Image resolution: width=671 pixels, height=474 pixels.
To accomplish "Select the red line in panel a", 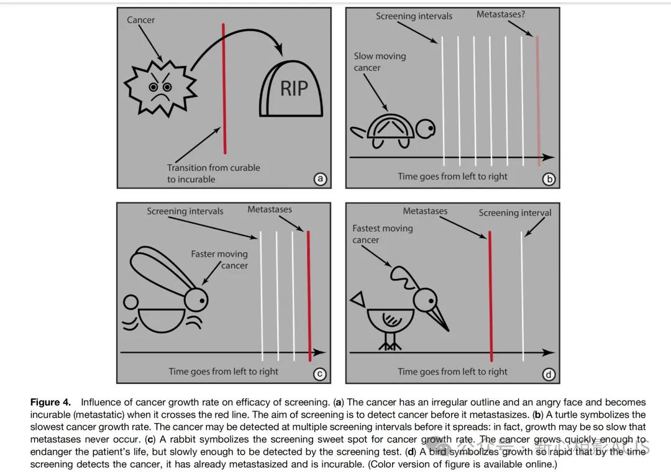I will coord(224,87).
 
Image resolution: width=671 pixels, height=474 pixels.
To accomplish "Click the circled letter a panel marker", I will coord(321,179).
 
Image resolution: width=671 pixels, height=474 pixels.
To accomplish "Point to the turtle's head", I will coord(426,130).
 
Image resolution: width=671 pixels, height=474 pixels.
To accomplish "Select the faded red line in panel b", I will coord(537,99).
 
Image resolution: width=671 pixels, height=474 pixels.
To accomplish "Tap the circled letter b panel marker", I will coord(549,179).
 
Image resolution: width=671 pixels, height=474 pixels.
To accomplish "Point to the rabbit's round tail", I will coord(131,303).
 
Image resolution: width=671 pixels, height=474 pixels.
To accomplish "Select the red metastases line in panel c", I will coord(309,295).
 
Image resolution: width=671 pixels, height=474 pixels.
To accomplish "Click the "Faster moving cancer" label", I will coord(219,260).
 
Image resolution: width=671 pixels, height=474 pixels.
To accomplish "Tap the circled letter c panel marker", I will coord(320,374).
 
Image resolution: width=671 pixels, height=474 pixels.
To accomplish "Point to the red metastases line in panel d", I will coord(490,295).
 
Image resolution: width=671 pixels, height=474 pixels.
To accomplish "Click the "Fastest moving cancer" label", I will coord(382,234).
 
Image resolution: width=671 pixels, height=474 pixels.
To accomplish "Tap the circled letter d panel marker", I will coord(549,374).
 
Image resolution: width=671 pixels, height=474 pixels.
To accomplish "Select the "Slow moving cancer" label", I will coord(380,62).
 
